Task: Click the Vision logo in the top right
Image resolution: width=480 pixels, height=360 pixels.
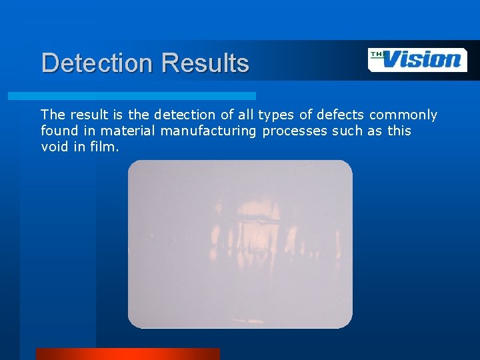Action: (417, 59)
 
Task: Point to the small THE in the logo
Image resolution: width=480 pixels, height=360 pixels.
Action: (377, 53)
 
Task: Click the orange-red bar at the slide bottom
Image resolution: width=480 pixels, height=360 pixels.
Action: (127, 354)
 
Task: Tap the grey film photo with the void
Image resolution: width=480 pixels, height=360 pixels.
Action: (240, 244)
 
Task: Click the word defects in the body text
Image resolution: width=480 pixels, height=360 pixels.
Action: (341, 115)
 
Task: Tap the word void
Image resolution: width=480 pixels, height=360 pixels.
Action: (55, 146)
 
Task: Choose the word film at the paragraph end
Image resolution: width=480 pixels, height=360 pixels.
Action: (105, 146)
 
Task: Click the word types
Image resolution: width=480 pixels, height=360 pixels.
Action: (277, 115)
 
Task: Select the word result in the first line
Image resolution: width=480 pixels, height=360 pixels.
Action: (86, 115)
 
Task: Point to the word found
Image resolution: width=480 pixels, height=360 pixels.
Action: (59, 131)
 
